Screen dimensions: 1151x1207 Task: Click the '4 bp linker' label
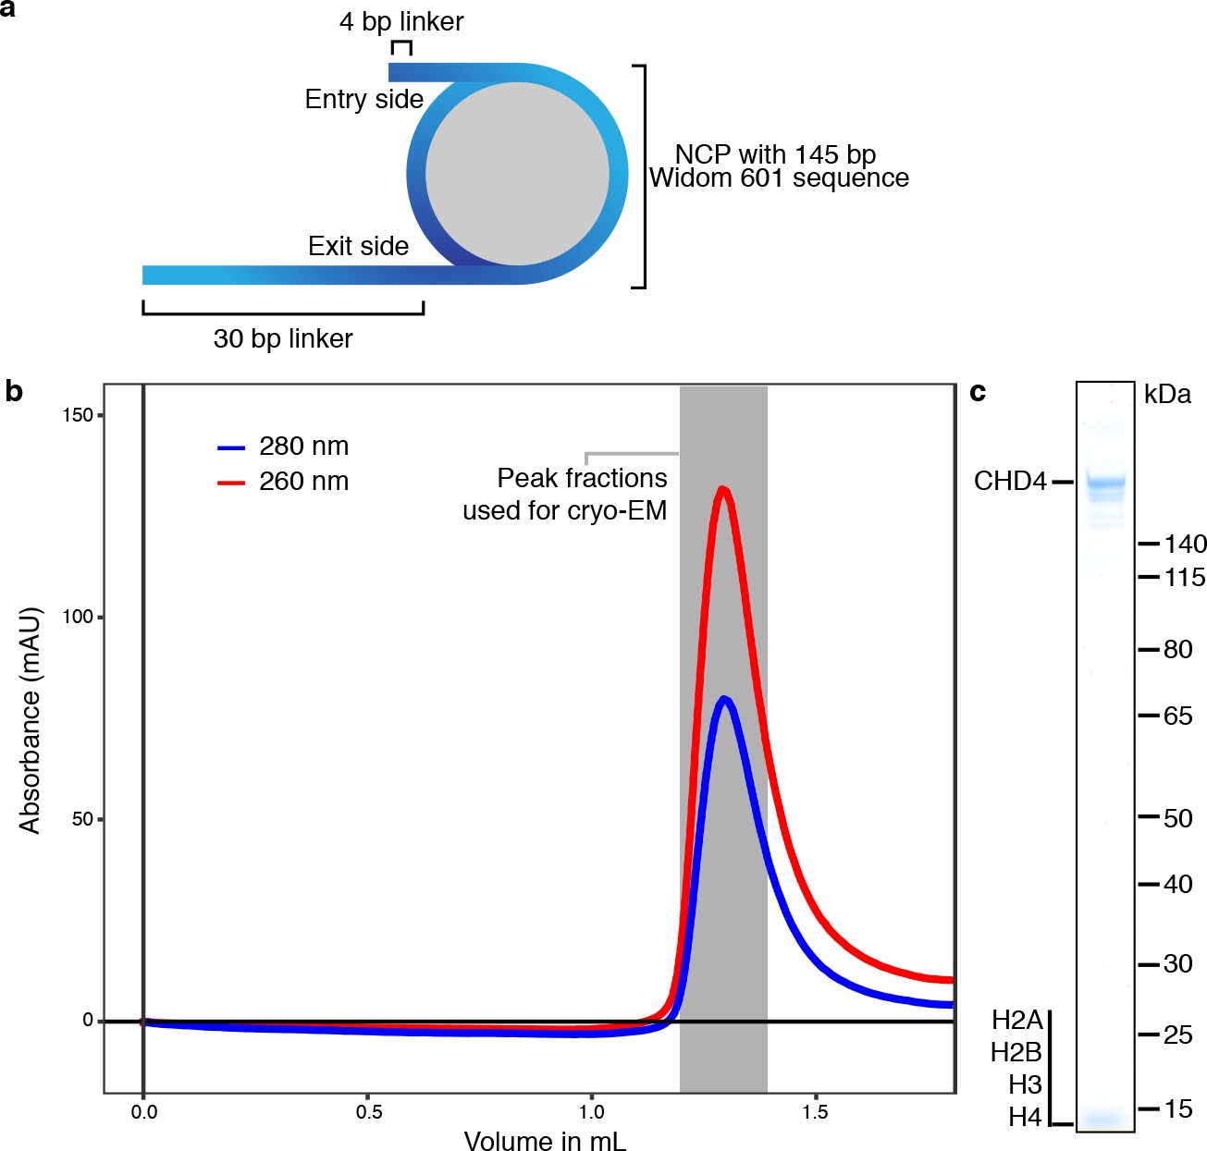point(401,21)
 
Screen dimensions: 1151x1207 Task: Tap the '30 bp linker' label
point(283,338)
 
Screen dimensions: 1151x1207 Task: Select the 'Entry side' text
point(363,99)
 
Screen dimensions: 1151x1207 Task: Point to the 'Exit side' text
point(358,246)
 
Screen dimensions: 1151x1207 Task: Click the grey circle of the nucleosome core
point(517,174)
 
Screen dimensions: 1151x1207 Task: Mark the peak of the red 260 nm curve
point(723,489)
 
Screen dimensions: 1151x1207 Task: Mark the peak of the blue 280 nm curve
point(724,699)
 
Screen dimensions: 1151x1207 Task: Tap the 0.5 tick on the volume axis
point(368,1112)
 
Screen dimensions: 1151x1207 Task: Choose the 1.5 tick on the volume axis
point(816,1112)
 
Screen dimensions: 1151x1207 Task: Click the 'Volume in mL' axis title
point(545,1141)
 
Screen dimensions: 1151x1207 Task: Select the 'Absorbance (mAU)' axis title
point(31,720)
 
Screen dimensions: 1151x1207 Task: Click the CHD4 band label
point(1010,482)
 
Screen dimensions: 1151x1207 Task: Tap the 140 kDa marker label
point(1185,544)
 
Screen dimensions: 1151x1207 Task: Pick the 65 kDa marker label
point(1177,716)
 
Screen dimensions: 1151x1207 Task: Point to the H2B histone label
point(1016,1052)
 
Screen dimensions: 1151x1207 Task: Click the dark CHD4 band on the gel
point(1105,482)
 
